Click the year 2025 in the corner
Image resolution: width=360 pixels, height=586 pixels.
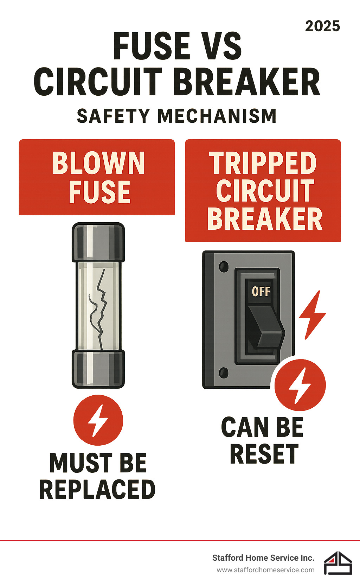322,26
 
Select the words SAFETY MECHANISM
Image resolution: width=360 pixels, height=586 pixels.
177,116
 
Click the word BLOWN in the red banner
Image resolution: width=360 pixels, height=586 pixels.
98,163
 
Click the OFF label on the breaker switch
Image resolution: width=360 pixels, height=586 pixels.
261,292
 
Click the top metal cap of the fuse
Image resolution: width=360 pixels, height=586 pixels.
98,242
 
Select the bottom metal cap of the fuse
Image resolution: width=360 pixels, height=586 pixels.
98,369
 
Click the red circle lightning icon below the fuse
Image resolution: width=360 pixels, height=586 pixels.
98,420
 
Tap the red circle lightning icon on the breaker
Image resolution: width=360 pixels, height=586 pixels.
300,385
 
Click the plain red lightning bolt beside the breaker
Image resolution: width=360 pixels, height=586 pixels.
313,315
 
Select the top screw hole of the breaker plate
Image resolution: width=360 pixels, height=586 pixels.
224,267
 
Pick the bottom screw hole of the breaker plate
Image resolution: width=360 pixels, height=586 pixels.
224,372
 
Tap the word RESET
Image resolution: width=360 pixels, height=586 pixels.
264,454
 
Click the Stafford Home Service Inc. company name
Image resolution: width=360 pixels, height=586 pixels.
263,558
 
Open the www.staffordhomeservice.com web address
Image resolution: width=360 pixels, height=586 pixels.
265,570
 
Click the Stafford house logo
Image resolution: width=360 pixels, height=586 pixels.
338,563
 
